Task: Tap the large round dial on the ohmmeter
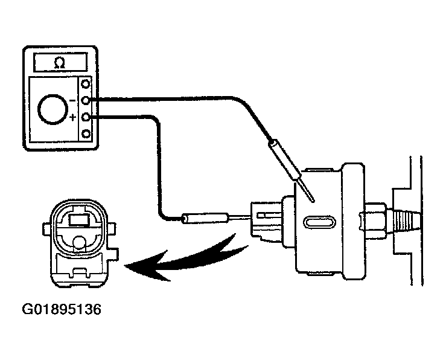point(53,109)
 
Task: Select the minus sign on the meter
point(72,100)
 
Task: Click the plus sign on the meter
point(73,117)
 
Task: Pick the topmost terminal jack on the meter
point(86,84)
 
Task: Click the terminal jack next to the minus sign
point(86,100)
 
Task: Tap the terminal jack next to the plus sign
point(86,117)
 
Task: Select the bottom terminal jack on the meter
point(86,133)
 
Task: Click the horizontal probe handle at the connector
point(205,218)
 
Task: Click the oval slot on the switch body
point(319,222)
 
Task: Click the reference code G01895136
point(62,309)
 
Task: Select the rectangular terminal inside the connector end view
point(79,220)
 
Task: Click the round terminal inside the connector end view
point(79,243)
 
